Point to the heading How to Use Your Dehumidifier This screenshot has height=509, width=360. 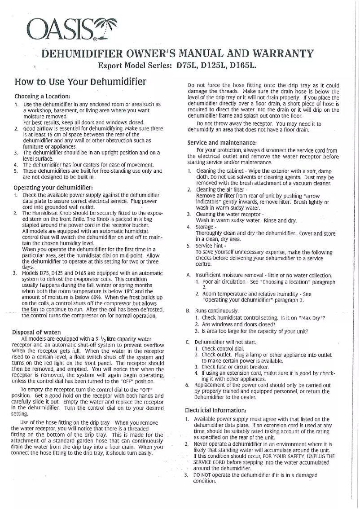(80, 82)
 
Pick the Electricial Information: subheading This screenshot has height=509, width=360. (215, 410)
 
